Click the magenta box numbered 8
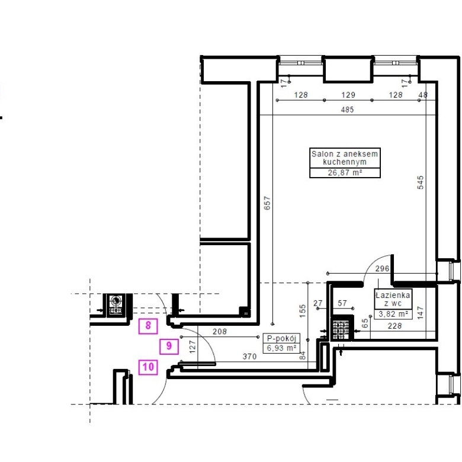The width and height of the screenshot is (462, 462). pyautogui.click(x=148, y=326)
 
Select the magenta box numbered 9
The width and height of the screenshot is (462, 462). pyautogui.click(x=169, y=346)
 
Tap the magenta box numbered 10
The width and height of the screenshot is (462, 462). pyautogui.click(x=148, y=367)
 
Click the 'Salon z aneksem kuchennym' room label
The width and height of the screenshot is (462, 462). pyautogui.click(x=345, y=158)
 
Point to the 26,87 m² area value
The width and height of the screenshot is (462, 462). pyautogui.click(x=345, y=173)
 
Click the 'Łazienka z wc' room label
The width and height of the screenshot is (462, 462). pyautogui.click(x=393, y=299)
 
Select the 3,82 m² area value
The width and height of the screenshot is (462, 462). pyautogui.click(x=393, y=314)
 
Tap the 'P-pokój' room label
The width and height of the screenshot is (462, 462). pyautogui.click(x=281, y=338)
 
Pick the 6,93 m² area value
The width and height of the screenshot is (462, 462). pyautogui.click(x=281, y=348)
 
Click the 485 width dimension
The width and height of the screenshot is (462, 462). pyautogui.click(x=347, y=110)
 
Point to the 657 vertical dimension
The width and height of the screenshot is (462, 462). pyautogui.click(x=267, y=203)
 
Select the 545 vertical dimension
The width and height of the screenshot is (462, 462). pyautogui.click(x=421, y=182)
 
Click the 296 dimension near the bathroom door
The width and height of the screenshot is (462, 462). pyautogui.click(x=382, y=268)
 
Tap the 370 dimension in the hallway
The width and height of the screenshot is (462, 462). pyautogui.click(x=249, y=357)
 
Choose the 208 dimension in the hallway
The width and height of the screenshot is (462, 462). pyautogui.click(x=220, y=332)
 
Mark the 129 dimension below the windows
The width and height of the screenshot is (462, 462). pyautogui.click(x=348, y=95)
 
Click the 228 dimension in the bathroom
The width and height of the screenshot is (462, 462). pyautogui.click(x=395, y=326)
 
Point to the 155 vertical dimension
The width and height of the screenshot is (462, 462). pyautogui.click(x=303, y=311)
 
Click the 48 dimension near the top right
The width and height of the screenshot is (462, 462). pyautogui.click(x=423, y=95)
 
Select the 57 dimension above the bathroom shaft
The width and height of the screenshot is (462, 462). pyautogui.click(x=342, y=303)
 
